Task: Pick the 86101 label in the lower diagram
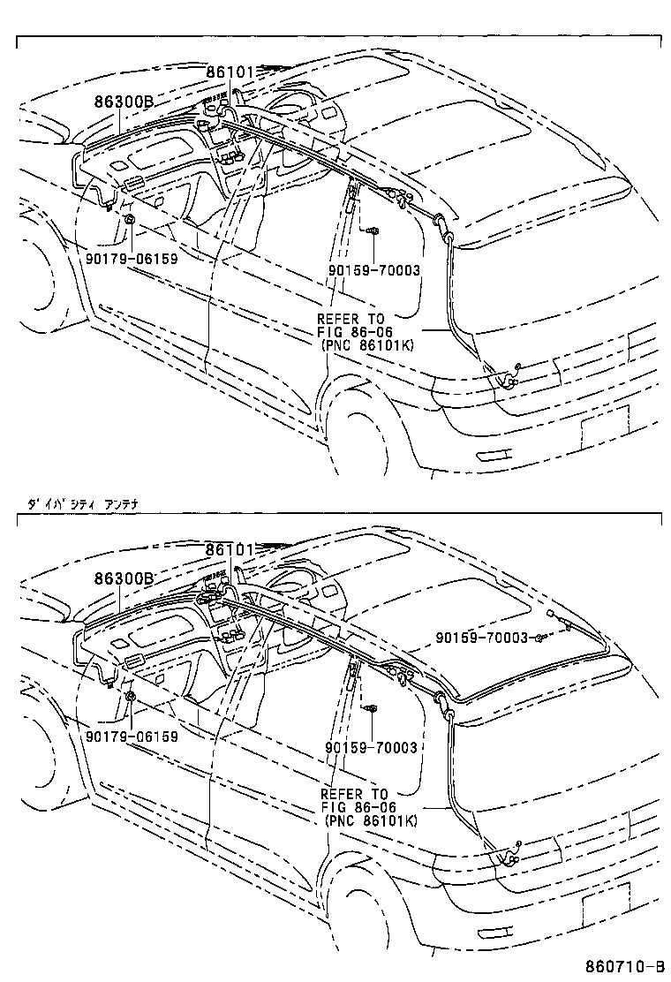230,549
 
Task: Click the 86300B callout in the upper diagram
124,102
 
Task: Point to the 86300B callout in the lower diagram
124,578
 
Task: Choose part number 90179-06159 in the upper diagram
132,259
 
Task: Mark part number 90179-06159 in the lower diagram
132,736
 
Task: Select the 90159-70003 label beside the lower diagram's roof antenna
481,638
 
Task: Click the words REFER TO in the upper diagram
352,319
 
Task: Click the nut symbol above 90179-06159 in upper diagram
130,218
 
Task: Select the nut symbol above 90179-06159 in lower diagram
130,696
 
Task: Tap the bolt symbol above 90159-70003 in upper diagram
373,230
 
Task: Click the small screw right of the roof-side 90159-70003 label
538,638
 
